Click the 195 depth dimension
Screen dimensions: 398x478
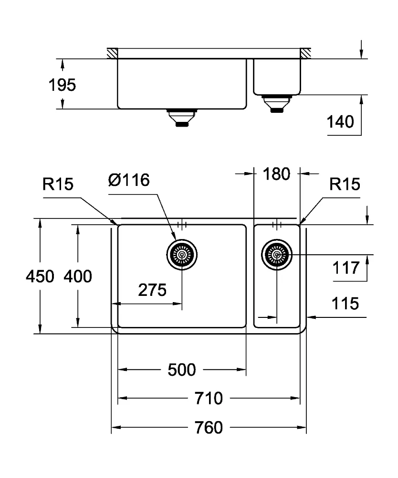tap(62, 85)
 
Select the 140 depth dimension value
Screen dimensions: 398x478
tap(340, 121)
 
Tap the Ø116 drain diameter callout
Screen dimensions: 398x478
tap(129, 180)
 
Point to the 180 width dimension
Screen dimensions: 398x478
tap(276, 174)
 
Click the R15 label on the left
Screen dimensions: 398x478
tap(58, 184)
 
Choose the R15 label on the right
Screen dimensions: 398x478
tap(345, 184)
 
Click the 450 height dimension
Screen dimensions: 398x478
tap(40, 276)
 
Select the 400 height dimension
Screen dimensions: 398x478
tap(78, 276)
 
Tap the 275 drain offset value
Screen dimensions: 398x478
tap(152, 290)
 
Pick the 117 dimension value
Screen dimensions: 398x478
tap(346, 268)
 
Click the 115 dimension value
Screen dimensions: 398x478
tap(345, 304)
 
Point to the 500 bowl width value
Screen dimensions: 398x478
tap(182, 370)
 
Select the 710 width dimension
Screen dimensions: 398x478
tap(209, 399)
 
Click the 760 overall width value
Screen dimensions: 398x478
tap(209, 427)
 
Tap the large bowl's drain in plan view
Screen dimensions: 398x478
tap(182, 255)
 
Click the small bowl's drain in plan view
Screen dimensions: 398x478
tap(277, 255)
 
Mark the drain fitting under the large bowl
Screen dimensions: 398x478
tap(182, 118)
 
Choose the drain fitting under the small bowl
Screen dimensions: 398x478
tap(277, 104)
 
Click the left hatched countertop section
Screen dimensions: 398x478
tap(112, 53)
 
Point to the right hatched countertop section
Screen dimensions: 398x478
tap(305, 53)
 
